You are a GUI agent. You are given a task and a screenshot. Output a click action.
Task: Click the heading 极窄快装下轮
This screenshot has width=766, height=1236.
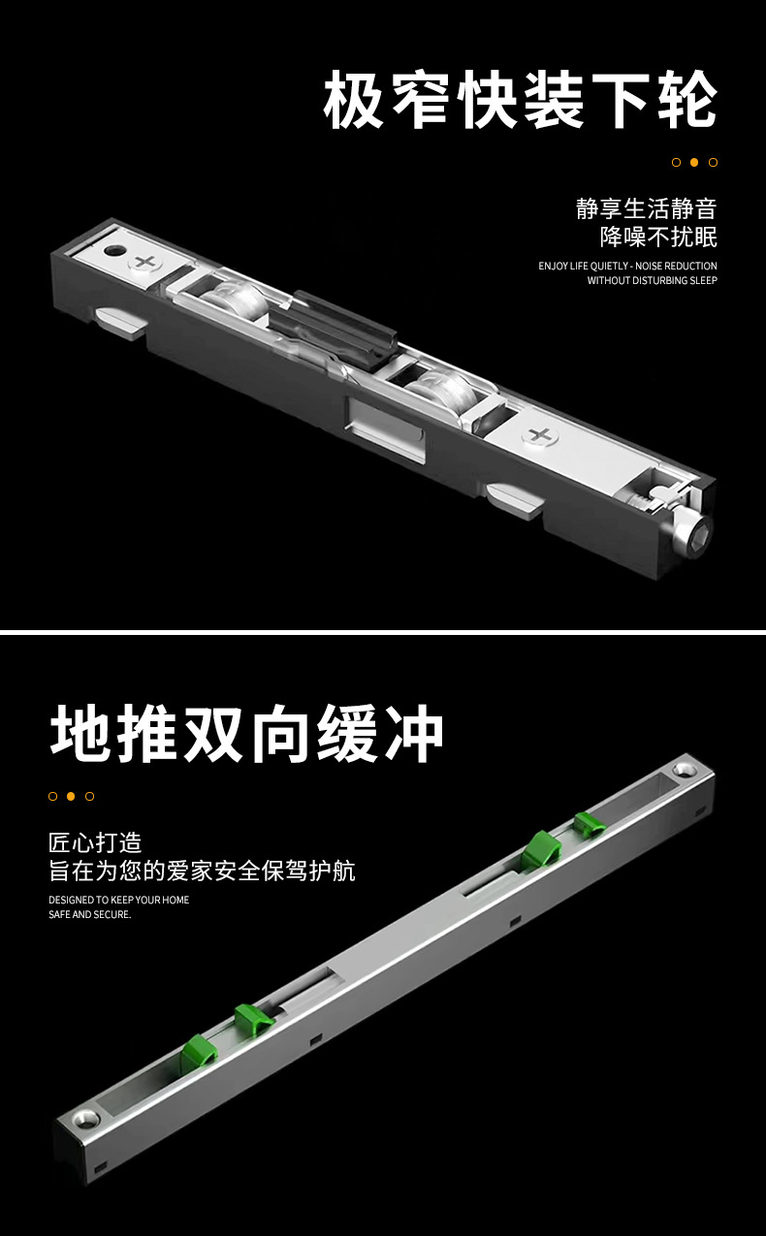click(520, 100)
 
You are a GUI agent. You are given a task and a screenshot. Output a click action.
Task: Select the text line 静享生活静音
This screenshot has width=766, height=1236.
click(646, 208)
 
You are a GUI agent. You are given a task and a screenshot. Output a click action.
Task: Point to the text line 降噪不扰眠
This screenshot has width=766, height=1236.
click(658, 238)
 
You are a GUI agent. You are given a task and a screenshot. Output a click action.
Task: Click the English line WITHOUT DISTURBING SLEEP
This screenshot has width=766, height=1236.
click(652, 280)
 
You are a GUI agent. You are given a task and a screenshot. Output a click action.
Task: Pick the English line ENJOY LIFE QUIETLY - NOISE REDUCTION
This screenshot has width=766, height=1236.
click(627, 266)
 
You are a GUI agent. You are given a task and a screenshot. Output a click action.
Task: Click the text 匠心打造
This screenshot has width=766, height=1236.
click(95, 842)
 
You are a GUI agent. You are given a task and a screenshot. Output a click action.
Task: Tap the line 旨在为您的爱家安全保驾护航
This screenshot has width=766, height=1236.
click(202, 871)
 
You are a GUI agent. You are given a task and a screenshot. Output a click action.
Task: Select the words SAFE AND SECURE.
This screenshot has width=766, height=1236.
click(89, 914)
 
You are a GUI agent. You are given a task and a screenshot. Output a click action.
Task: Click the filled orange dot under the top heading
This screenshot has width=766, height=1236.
click(694, 162)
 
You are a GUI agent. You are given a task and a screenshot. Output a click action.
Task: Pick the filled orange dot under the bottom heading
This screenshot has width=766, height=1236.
click(71, 796)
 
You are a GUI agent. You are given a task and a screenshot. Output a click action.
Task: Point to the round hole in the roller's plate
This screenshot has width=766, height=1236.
click(114, 250)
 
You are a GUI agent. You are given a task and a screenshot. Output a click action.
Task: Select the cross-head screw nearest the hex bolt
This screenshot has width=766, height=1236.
click(540, 435)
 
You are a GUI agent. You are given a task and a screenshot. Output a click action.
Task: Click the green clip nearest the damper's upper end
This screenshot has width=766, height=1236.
click(589, 824)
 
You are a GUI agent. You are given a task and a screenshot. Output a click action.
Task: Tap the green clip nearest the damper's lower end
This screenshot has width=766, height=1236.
click(199, 1055)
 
